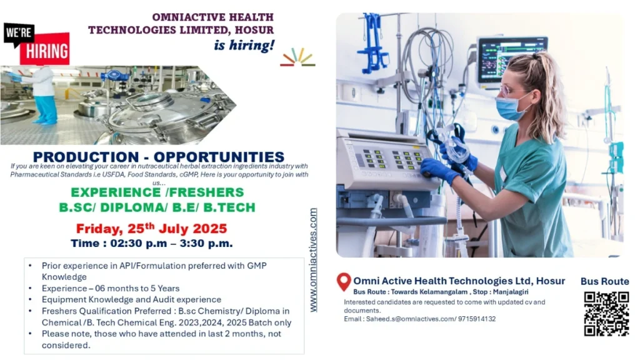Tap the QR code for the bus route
point(606,314)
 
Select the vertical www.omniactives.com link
point(313,260)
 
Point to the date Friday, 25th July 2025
point(151,228)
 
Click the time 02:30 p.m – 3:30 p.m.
point(151,243)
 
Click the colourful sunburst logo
point(297,57)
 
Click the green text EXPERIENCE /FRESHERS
point(157,192)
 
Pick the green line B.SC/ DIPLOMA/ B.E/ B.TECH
point(158,207)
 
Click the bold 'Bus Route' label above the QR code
point(604,281)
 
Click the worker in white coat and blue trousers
point(44,94)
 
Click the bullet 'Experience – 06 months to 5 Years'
point(111,288)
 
